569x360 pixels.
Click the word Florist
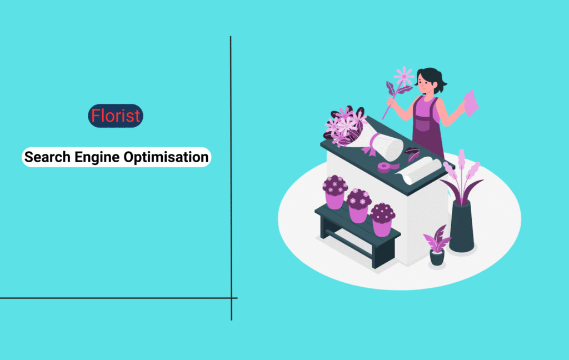116,116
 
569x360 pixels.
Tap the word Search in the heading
47,157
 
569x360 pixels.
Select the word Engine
97,158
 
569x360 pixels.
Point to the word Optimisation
166,158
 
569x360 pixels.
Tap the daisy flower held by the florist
404,76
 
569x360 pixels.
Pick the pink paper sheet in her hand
471,103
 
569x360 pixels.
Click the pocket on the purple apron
423,124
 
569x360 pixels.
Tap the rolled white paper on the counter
419,171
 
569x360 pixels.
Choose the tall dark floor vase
462,226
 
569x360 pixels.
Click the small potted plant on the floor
437,246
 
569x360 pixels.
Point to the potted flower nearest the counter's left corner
335,192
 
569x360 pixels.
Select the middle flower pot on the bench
358,206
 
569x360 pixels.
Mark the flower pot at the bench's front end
382,219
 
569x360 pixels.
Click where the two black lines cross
231,298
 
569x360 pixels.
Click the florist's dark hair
432,78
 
